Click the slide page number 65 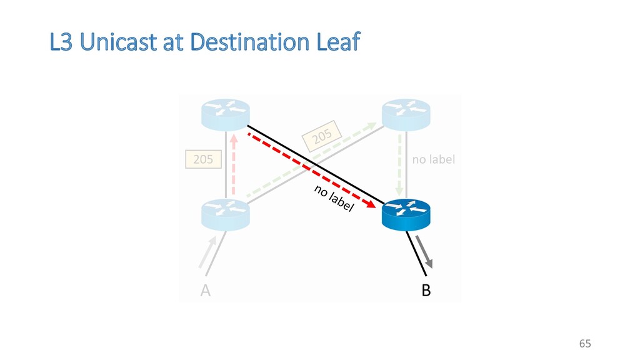coord(584,343)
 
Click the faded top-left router coord(225,115)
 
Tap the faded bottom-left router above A coord(225,214)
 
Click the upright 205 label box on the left coord(202,159)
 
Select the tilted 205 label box coord(322,136)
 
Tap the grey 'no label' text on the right coord(434,159)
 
